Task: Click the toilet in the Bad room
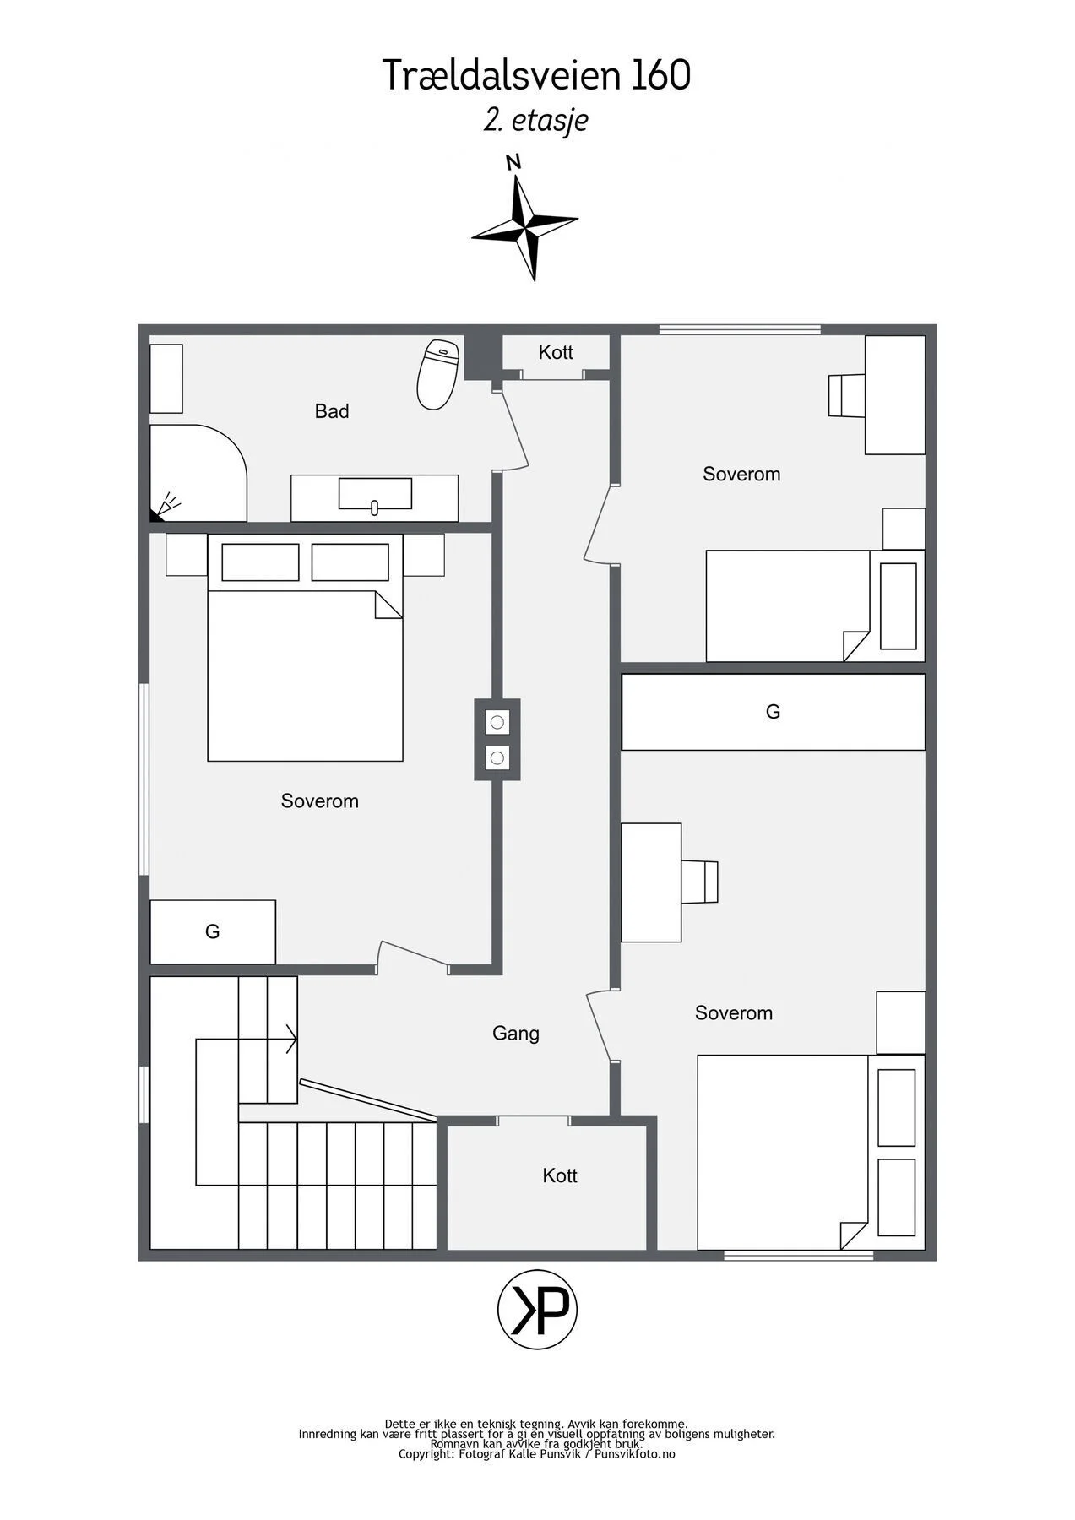[x=437, y=374]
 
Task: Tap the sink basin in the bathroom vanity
[x=375, y=494]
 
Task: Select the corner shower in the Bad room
[x=198, y=473]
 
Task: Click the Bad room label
[x=332, y=411]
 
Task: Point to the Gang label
[x=516, y=1034]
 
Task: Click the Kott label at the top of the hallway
[x=556, y=352]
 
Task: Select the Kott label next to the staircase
[x=560, y=1175]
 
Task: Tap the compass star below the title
[x=525, y=227]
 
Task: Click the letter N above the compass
[x=513, y=163]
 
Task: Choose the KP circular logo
[x=538, y=1310]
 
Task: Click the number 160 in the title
[x=660, y=75]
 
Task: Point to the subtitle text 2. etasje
[x=536, y=120]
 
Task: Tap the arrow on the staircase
[x=247, y=1040]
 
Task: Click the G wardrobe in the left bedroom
[x=213, y=931]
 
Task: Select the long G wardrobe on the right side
[x=774, y=712]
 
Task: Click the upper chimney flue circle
[x=497, y=722]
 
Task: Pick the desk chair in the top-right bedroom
[x=846, y=395]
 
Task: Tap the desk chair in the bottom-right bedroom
[x=699, y=882]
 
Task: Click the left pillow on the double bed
[x=261, y=562]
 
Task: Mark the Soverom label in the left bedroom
[x=320, y=801]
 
